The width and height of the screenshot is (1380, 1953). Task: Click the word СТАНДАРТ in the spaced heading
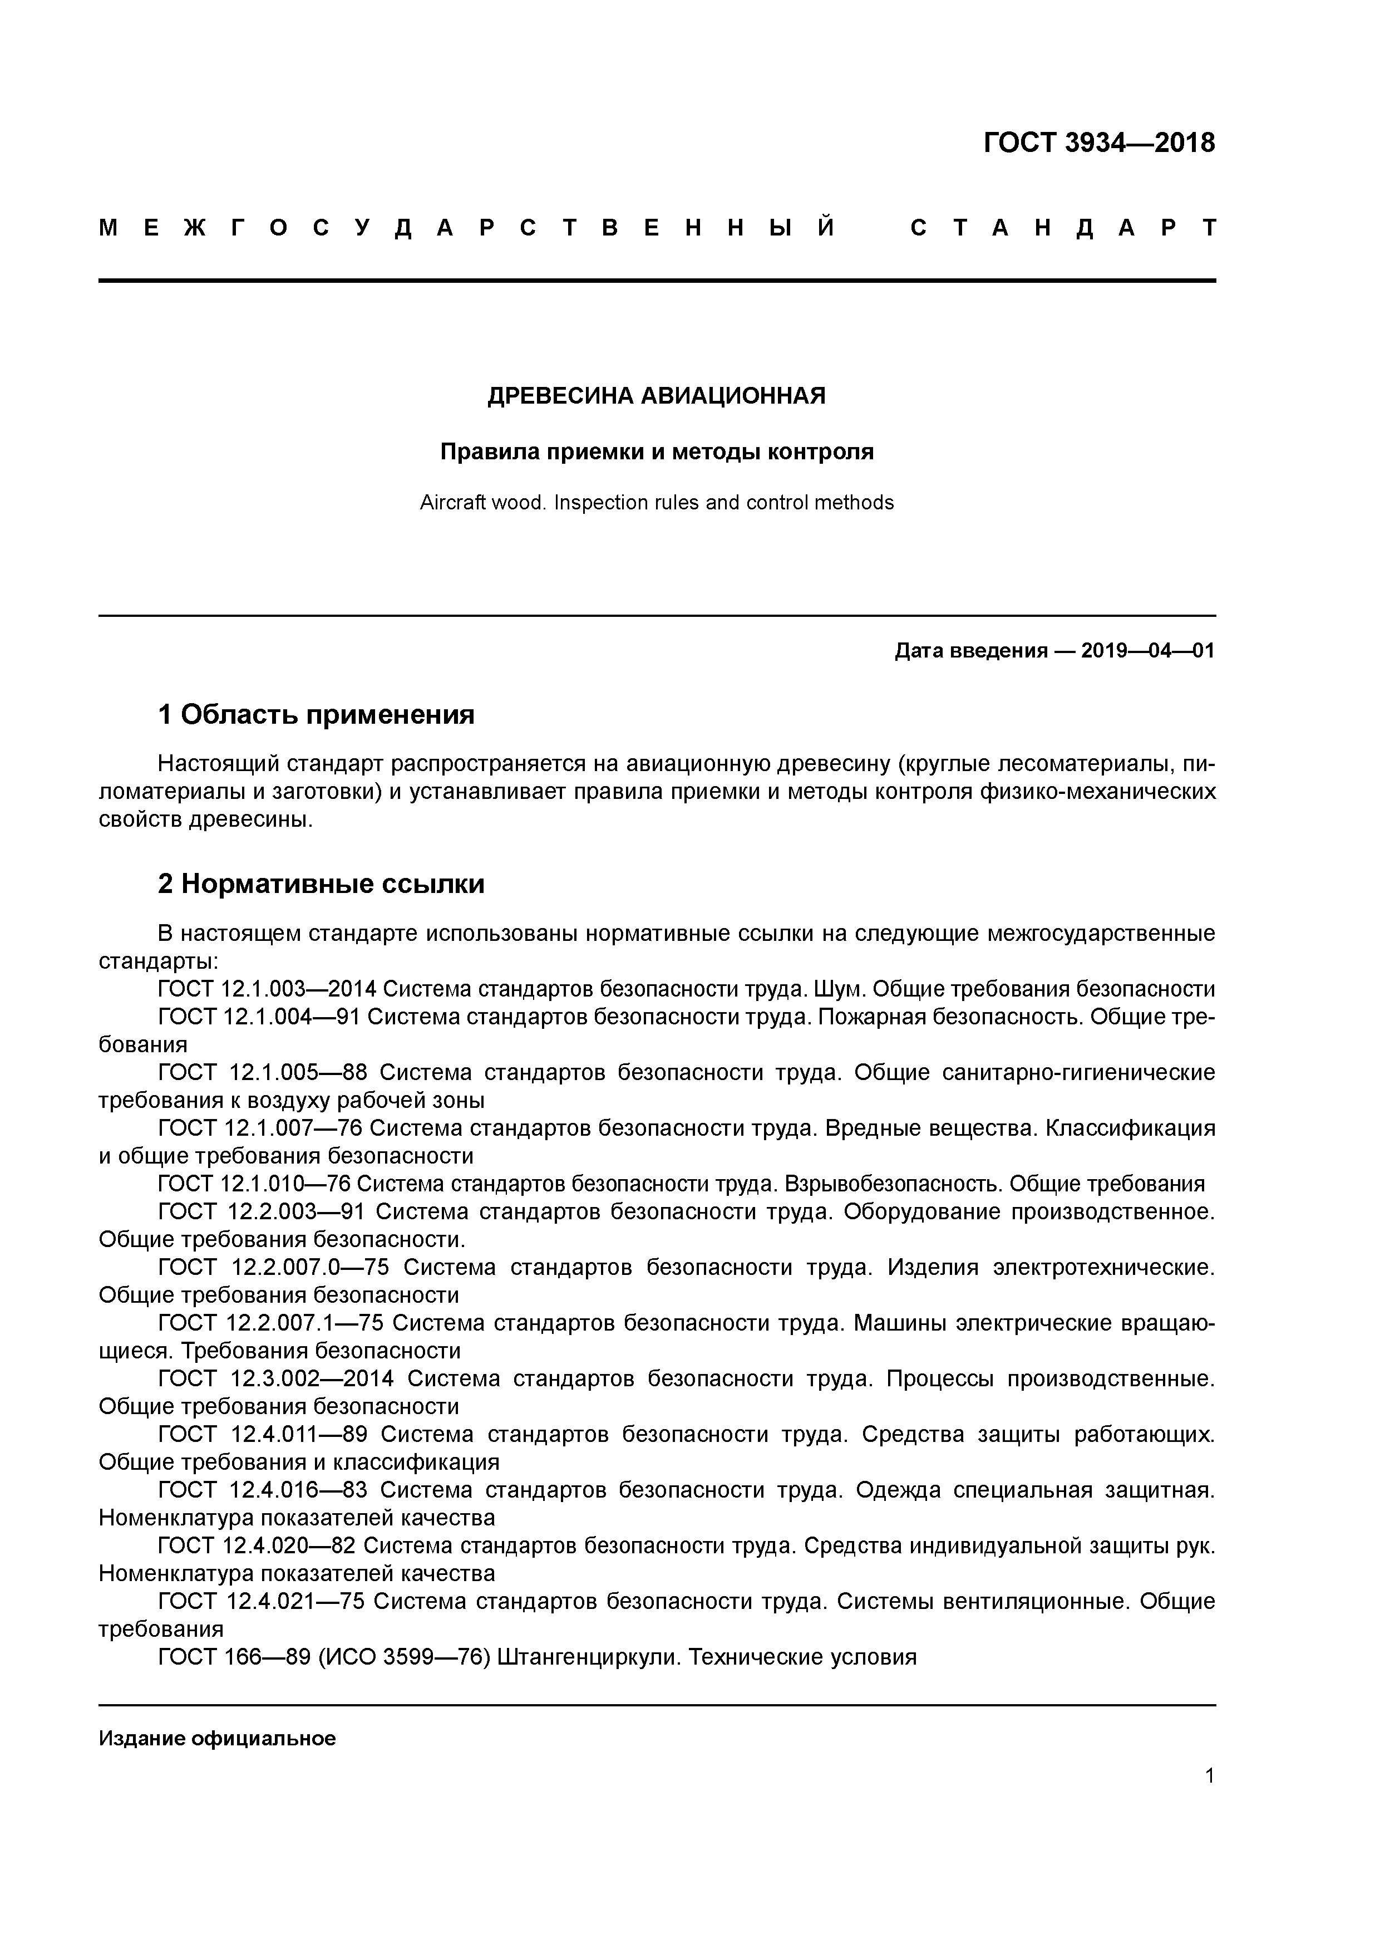click(1062, 228)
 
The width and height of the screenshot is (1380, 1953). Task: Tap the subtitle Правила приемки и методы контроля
click(657, 452)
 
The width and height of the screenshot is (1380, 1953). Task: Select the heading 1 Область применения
click(316, 714)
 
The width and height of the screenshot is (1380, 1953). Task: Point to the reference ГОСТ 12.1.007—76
click(260, 1128)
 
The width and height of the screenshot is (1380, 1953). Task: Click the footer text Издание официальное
click(217, 1738)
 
